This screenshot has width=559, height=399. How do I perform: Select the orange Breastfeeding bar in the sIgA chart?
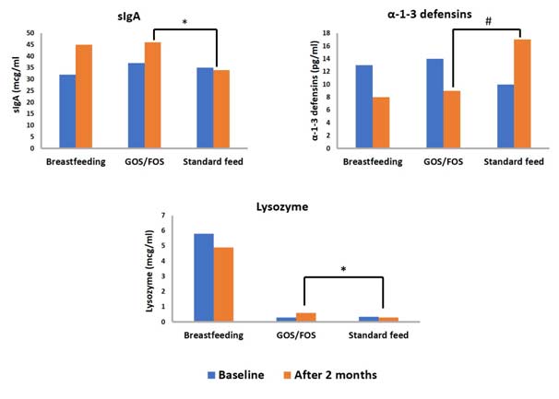(84, 97)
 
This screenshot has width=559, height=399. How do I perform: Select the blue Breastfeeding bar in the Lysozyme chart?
(204, 277)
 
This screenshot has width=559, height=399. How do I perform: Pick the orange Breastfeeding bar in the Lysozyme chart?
(225, 284)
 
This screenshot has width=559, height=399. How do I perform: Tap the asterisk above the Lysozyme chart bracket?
(343, 270)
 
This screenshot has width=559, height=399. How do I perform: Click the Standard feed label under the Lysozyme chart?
(379, 335)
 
